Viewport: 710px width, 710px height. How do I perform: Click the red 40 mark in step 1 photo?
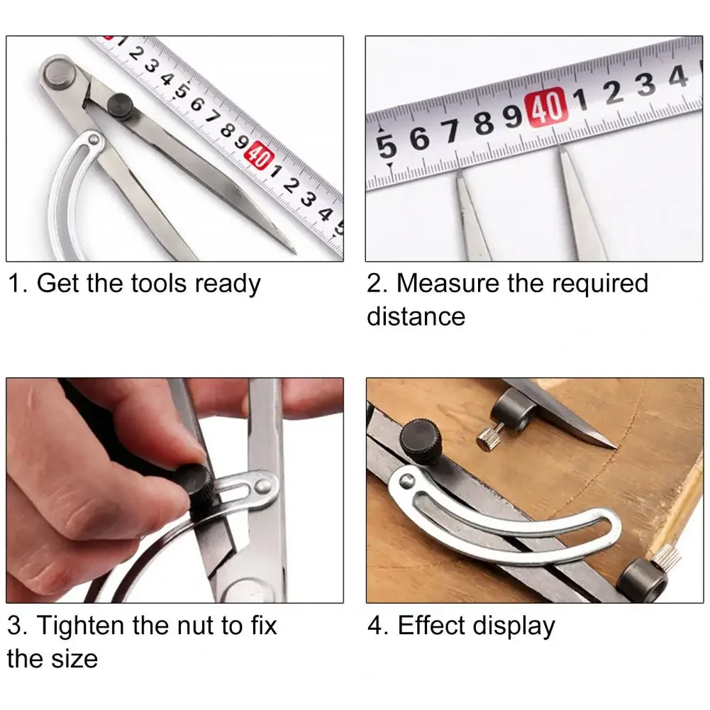click(x=259, y=155)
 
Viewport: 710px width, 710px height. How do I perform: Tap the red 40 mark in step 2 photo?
click(x=546, y=107)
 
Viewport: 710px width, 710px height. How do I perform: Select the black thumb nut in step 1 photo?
click(x=121, y=105)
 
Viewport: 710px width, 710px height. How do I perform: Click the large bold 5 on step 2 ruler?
click(x=387, y=145)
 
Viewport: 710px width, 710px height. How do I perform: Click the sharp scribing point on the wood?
click(x=615, y=447)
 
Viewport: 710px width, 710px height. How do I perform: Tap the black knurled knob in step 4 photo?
click(x=421, y=441)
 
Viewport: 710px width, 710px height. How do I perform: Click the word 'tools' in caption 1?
click(x=158, y=284)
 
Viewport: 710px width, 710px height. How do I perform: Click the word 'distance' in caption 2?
click(x=416, y=316)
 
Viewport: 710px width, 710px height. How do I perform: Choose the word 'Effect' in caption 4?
click(x=431, y=626)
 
